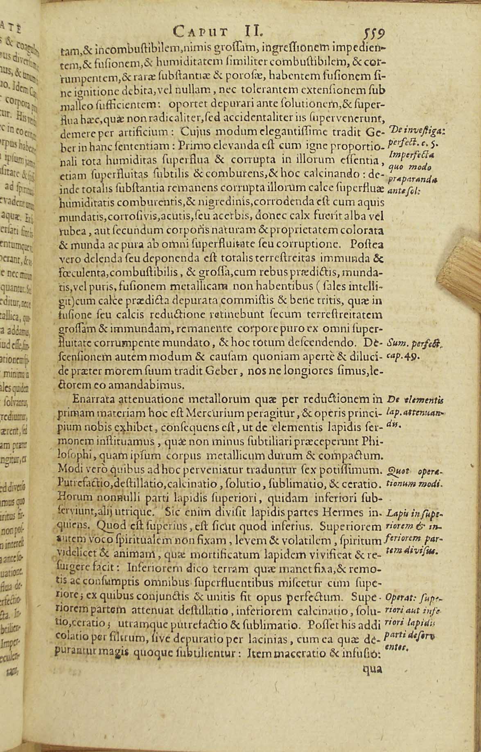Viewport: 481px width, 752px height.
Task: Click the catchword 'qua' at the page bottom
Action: pos(373,669)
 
